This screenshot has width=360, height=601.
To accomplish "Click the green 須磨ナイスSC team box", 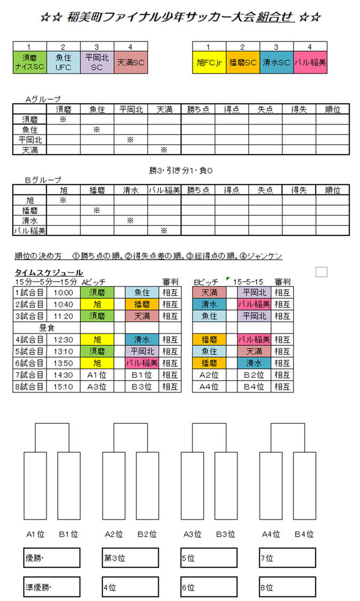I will pos(29,62).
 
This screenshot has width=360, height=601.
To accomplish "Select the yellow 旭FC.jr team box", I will pos(209,62).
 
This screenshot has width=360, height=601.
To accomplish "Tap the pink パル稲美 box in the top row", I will pos(310,62).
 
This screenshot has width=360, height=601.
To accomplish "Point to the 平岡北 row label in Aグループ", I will pos(29,140).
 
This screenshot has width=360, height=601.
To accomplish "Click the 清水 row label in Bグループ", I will pos(29,220).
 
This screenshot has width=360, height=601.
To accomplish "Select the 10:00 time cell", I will pos(63,292).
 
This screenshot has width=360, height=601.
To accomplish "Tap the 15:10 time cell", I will pos(63,386).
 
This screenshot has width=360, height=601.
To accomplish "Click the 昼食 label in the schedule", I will pos(47,327).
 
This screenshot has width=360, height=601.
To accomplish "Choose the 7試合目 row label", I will pos(30,375).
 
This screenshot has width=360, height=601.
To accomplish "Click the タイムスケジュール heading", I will pos(49,272).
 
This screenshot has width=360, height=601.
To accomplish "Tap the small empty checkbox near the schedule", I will pos(321,272).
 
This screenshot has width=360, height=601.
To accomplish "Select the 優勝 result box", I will pos(51,558).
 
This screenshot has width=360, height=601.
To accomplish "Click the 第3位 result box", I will pos(131,558).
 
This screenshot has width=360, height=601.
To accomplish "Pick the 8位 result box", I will pos(287,587).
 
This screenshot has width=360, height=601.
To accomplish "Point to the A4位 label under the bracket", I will pos(271,534).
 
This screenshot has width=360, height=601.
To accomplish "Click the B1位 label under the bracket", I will pos(68,534).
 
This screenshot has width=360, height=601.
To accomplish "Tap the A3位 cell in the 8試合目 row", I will pos(97,386).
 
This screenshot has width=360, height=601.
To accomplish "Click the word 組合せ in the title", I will pos(275,17).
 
